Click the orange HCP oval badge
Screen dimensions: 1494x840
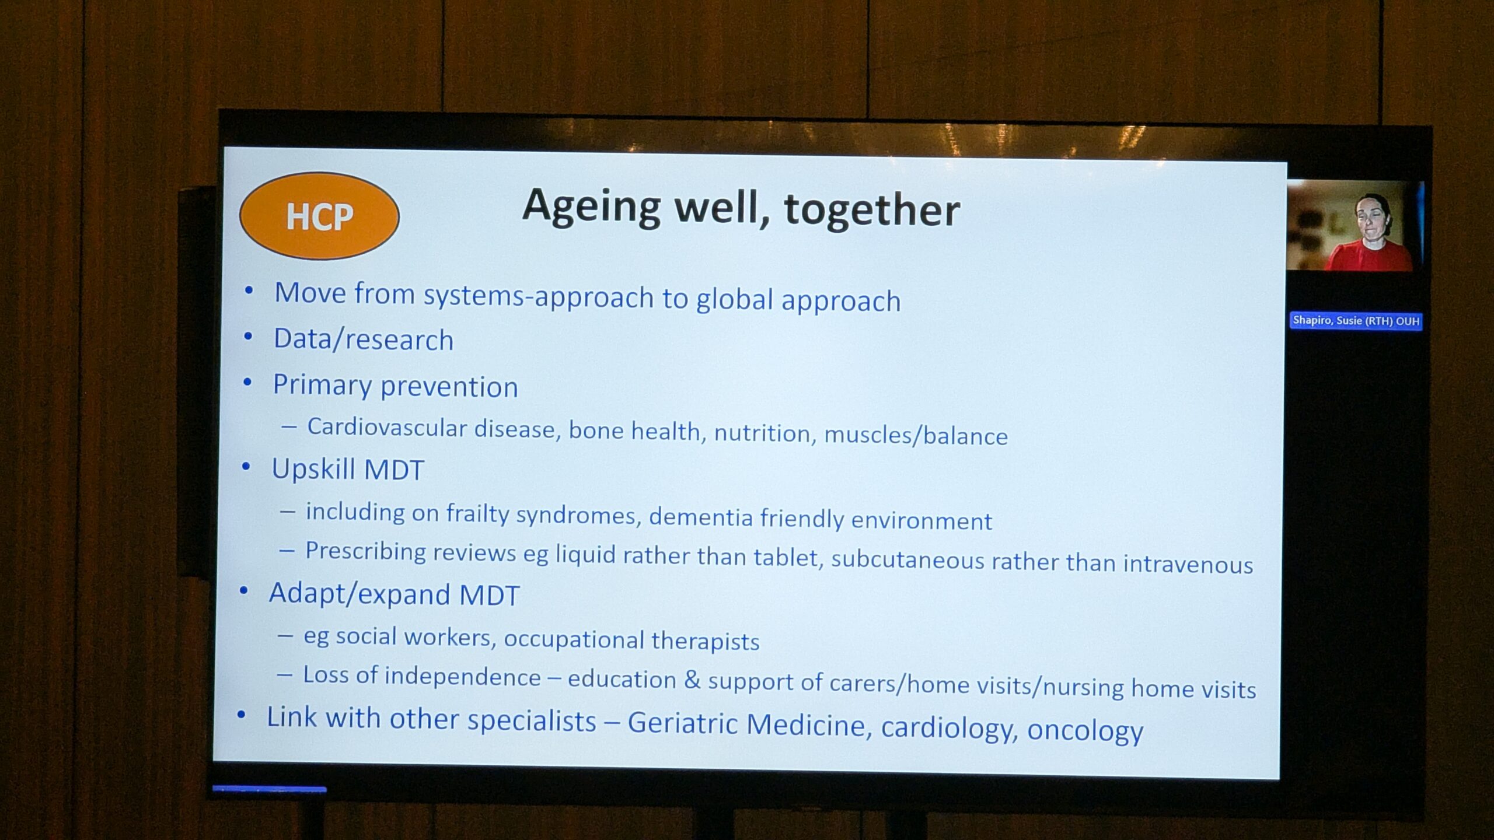click(x=319, y=216)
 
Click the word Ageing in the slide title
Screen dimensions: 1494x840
click(x=592, y=207)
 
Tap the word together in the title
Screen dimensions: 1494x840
click(x=872, y=210)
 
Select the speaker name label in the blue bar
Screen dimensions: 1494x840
click(x=1356, y=321)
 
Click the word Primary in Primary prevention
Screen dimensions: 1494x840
click(x=322, y=386)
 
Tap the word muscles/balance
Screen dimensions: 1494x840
click(x=916, y=435)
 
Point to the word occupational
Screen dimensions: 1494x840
click(x=574, y=639)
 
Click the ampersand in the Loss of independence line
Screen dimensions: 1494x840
click(x=692, y=680)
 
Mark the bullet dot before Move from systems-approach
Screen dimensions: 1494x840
click(x=249, y=290)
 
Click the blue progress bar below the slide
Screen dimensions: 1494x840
click(x=269, y=789)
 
